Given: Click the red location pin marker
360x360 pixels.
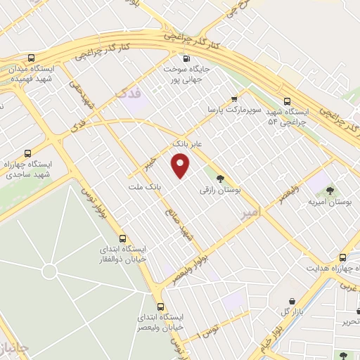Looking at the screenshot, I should [x=181, y=166].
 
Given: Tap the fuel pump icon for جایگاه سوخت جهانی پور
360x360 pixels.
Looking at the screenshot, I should [x=186, y=59].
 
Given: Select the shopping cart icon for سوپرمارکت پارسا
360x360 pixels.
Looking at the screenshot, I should [x=234, y=98].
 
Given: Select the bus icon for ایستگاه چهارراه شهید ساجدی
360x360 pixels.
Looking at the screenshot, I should [x=27, y=153].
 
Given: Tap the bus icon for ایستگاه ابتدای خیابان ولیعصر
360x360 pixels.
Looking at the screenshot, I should [x=160, y=307].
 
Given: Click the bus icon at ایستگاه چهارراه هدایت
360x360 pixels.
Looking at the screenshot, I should [x=343, y=257].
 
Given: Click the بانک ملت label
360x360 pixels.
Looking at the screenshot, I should [x=146, y=188].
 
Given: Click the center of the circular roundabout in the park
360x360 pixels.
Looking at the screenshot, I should [x=49, y=271].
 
